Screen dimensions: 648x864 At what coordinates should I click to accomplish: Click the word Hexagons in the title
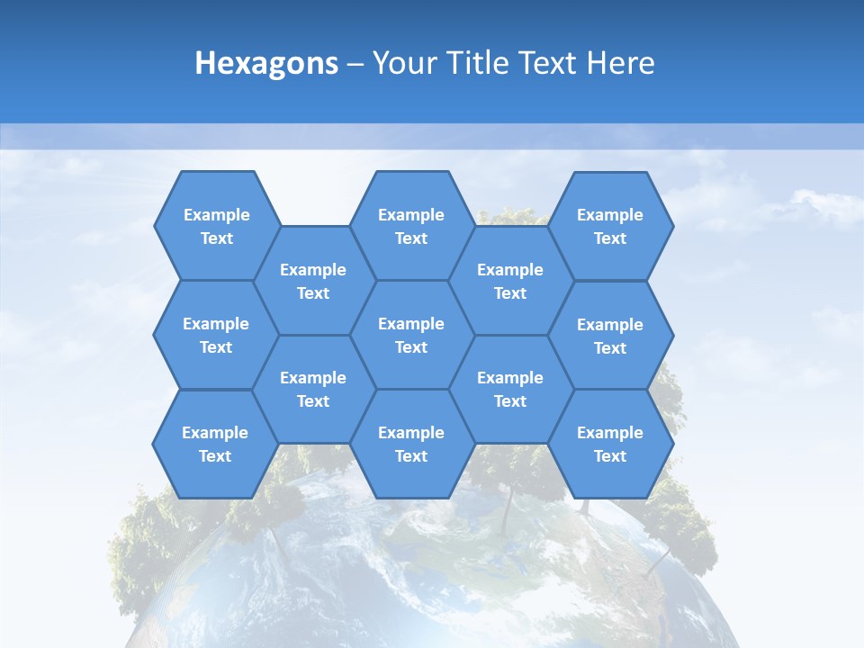click(266, 63)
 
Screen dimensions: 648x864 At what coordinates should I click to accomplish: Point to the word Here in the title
click(620, 63)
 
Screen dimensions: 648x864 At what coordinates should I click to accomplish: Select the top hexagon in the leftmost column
click(216, 226)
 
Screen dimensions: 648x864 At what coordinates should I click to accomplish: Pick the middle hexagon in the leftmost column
click(216, 335)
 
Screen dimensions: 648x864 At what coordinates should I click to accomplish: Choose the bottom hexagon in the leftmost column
click(215, 444)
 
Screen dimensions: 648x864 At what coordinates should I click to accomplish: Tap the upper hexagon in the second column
click(313, 281)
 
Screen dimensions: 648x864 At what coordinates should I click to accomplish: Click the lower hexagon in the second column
click(313, 389)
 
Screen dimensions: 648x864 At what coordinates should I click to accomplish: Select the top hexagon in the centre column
click(411, 226)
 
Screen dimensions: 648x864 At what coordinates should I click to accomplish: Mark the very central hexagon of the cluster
click(411, 335)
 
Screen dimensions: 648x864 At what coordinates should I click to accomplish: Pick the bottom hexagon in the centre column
click(411, 444)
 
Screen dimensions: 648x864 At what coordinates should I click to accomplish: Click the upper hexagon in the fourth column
click(510, 281)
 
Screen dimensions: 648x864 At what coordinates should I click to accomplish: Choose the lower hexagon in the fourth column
click(510, 389)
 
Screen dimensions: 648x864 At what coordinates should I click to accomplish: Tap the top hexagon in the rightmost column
click(610, 226)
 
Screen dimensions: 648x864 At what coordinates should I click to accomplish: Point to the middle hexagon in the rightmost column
click(610, 336)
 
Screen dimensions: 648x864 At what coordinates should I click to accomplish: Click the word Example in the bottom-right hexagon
click(610, 433)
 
